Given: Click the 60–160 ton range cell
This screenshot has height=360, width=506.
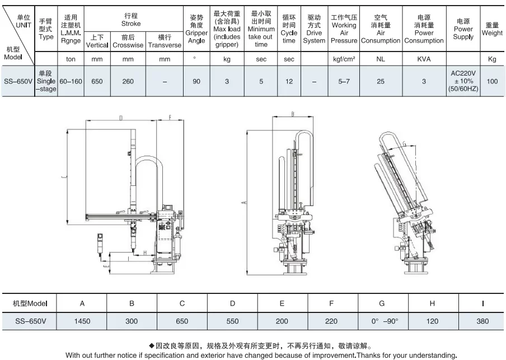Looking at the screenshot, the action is [71, 81].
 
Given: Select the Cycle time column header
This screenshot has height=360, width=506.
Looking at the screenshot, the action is [289, 29].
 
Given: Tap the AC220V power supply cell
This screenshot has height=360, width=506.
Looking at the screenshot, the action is [463, 81].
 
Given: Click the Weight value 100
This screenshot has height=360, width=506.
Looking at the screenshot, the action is [492, 81].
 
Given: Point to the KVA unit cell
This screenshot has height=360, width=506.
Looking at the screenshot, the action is [424, 59].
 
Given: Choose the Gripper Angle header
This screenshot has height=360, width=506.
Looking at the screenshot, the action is [196, 29].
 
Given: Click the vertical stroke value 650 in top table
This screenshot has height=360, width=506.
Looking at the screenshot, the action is [97, 81].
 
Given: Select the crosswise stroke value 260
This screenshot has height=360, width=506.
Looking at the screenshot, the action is [128, 81].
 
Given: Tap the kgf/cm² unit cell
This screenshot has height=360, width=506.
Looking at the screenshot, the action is [344, 59].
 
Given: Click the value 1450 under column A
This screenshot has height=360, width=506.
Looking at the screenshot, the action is [82, 321].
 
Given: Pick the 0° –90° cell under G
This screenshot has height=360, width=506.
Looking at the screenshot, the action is [385, 321].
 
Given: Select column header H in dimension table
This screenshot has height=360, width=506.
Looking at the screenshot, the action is [432, 303].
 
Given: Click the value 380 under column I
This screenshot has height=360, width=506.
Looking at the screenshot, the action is [482, 321].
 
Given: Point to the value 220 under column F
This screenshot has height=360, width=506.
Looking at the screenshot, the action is [331, 321].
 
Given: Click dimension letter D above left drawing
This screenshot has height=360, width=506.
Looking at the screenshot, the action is [121, 118].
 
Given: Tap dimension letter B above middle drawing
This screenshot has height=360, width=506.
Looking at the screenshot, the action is [293, 114].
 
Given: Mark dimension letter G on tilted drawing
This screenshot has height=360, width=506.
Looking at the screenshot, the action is [404, 143].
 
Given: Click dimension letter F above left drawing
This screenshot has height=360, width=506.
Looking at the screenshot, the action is [170, 118].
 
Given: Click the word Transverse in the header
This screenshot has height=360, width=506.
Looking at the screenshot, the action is [165, 45].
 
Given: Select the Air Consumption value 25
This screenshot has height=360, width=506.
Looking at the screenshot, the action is [381, 81].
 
